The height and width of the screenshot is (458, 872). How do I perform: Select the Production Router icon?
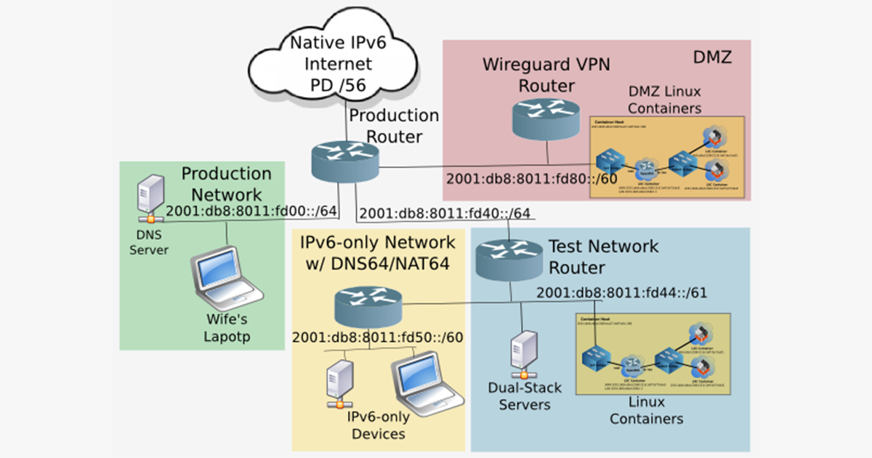tap(344, 161)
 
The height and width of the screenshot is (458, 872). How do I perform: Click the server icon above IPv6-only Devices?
tap(338, 382)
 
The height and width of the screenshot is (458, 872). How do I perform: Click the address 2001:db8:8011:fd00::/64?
tap(251, 212)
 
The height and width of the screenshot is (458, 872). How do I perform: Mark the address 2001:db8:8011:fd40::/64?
tap(445, 214)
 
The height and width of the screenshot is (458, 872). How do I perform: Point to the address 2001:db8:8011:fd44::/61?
tap(622, 293)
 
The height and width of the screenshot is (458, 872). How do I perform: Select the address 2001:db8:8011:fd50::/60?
tap(378, 338)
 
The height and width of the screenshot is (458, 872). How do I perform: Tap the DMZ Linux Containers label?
tap(664, 100)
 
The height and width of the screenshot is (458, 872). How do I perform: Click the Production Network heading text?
tap(226, 184)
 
